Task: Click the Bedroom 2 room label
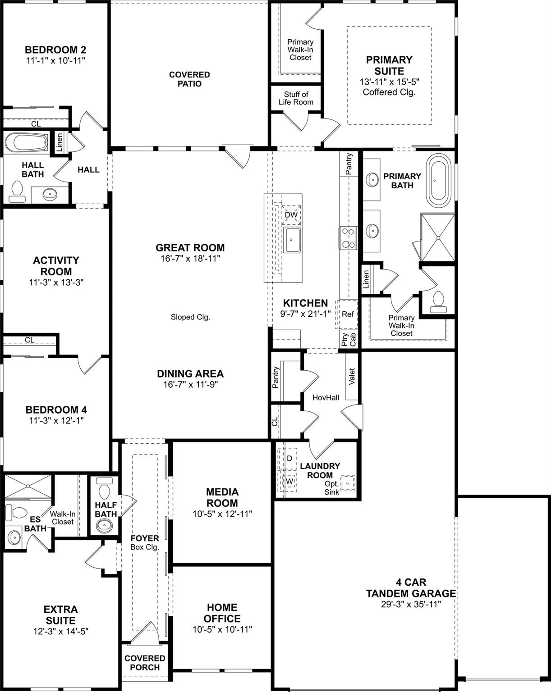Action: [x=55, y=50]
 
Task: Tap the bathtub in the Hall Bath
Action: [x=26, y=144]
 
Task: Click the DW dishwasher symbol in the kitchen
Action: [x=291, y=215]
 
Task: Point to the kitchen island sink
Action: [x=292, y=239]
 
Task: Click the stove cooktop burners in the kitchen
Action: [x=348, y=238]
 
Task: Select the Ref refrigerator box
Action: [x=347, y=314]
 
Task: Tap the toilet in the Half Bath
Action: [x=104, y=490]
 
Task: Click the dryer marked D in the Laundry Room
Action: [x=289, y=459]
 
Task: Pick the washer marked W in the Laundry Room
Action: [x=289, y=481]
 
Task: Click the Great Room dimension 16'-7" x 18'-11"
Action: [x=190, y=259]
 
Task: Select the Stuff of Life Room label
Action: [x=296, y=98]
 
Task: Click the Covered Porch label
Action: [x=144, y=663]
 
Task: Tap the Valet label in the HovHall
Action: [x=352, y=377]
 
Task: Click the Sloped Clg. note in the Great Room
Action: [x=190, y=317]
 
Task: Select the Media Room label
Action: [x=222, y=497]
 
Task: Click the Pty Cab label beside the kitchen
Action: [x=349, y=339]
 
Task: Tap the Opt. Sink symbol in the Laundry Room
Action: [x=348, y=483]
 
